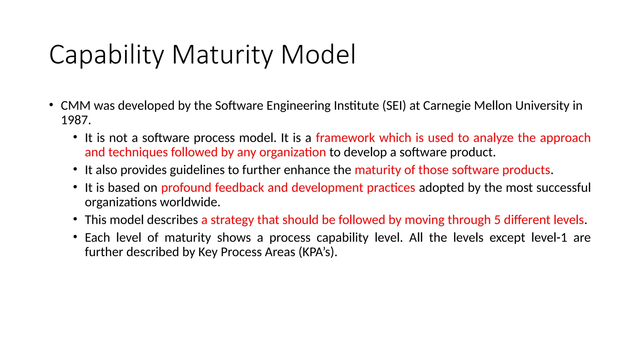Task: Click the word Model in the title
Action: point(318,54)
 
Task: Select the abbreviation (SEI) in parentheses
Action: point(394,106)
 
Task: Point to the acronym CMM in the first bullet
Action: point(75,106)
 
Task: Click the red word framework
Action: point(345,138)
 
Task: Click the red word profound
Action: point(186,188)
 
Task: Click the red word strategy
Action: point(232,220)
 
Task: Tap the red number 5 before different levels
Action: point(497,220)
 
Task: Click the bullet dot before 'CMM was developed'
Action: point(51,105)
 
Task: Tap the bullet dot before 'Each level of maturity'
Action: point(75,237)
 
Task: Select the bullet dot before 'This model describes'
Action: point(75,219)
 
